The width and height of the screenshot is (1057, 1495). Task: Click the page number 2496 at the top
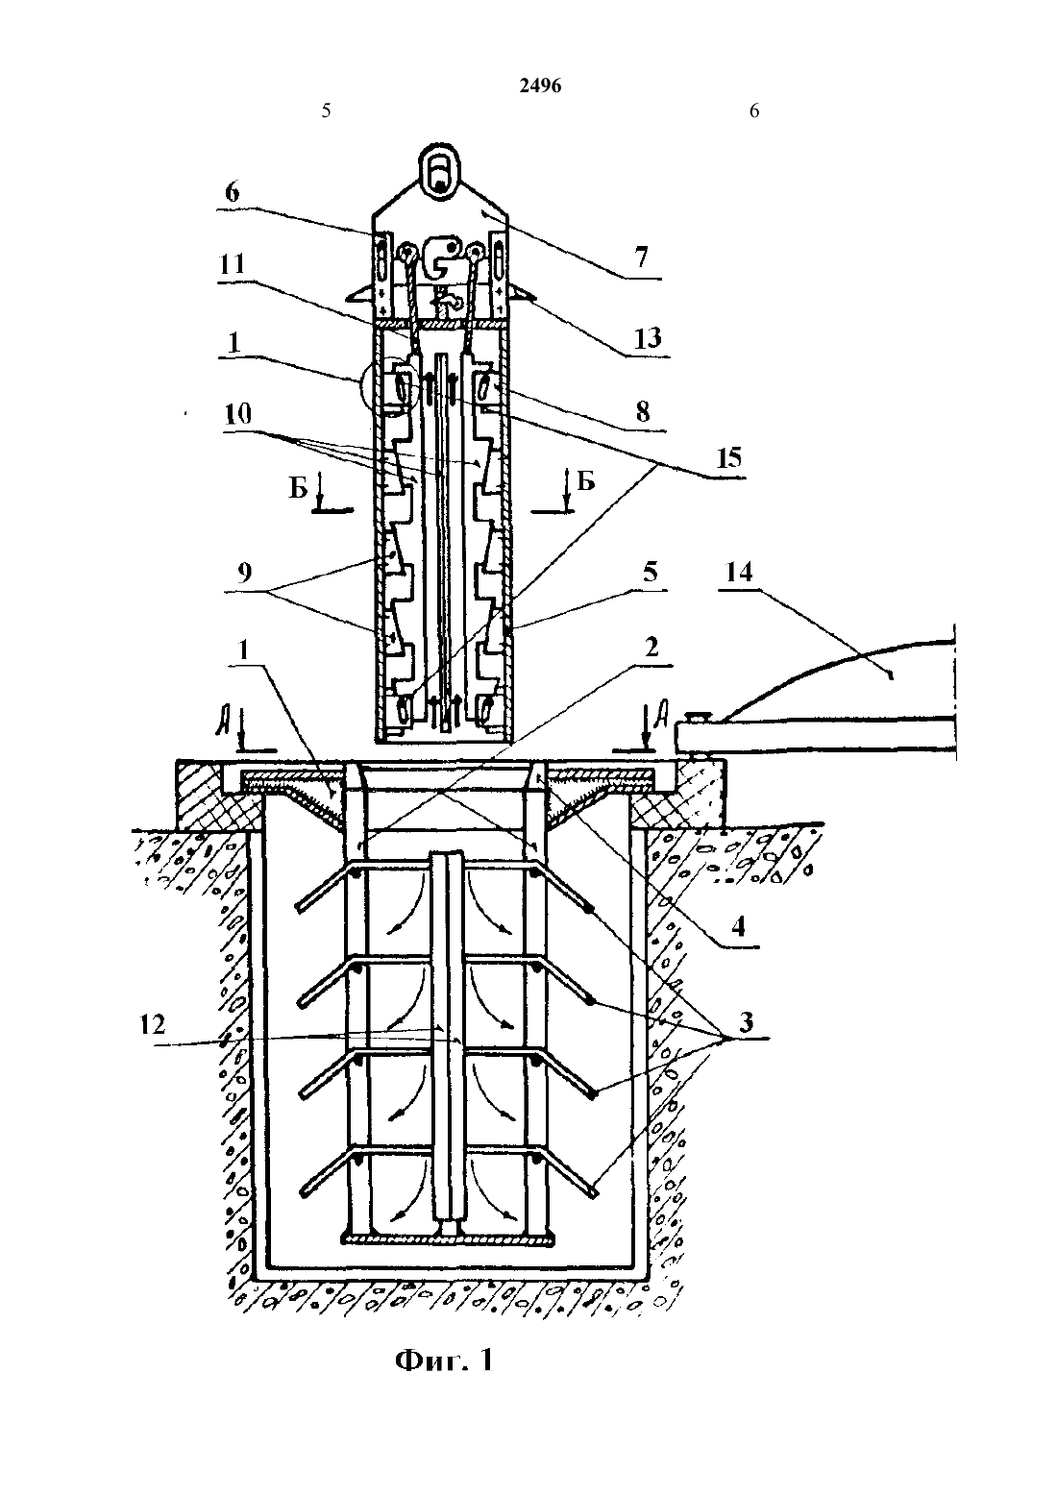(x=540, y=86)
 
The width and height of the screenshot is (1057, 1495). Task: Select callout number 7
(x=641, y=257)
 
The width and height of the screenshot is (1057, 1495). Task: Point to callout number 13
(x=648, y=337)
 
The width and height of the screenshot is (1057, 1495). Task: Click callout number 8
(x=643, y=411)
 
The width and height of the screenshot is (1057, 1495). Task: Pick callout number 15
(x=728, y=458)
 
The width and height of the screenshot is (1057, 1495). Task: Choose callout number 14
(x=739, y=572)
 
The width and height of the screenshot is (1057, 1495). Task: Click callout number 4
(x=738, y=927)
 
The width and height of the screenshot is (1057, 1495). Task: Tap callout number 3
(x=746, y=1020)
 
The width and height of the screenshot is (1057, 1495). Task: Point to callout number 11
(x=232, y=264)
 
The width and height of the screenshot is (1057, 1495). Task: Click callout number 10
(x=238, y=414)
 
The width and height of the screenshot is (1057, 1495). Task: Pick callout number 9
(x=244, y=572)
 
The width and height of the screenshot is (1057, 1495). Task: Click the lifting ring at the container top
(x=438, y=171)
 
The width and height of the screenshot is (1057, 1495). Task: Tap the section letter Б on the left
(x=298, y=488)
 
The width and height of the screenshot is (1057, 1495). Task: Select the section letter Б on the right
(x=586, y=480)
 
